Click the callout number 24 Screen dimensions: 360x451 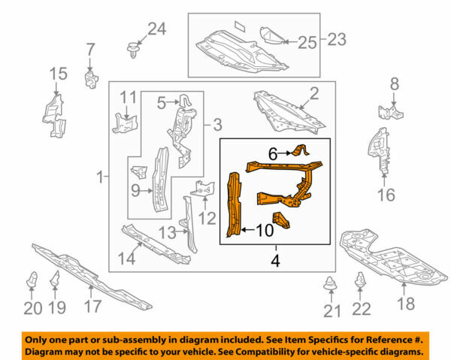tap(156, 29)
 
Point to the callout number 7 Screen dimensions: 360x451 tap(90, 50)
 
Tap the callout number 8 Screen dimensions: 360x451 tap(393, 85)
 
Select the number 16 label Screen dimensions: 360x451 tap(385, 196)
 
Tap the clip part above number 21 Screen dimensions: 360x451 tap(329, 285)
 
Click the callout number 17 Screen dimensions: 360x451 tap(92, 307)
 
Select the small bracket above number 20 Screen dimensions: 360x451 tap(32, 280)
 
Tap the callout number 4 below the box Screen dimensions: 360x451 tap(275, 263)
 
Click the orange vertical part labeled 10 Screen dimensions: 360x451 tap(235, 203)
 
